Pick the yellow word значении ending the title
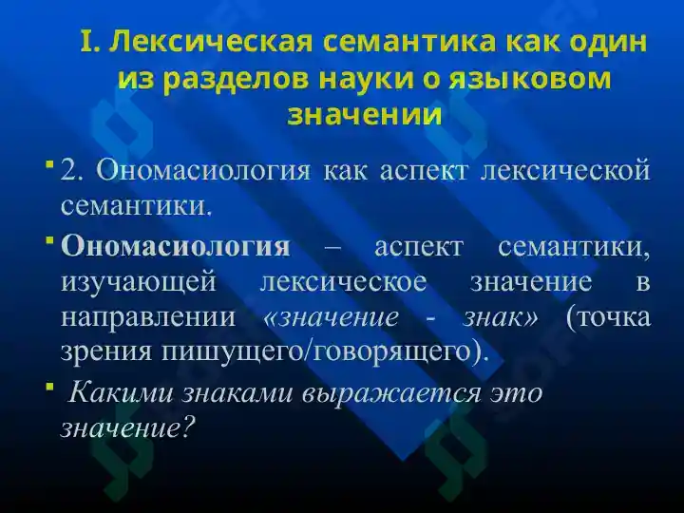click(364, 115)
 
